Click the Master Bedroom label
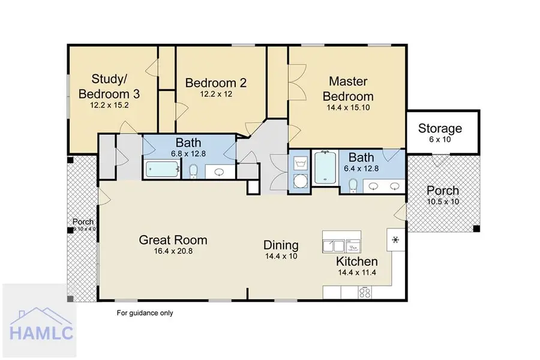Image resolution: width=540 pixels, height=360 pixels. (348, 88)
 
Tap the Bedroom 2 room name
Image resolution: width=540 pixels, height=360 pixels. (215, 83)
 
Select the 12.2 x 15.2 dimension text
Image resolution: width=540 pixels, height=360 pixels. (109, 104)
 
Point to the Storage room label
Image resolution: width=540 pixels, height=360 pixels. (440, 128)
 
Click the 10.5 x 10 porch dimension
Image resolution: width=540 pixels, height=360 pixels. (443, 202)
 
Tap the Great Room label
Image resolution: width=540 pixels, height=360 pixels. (173, 240)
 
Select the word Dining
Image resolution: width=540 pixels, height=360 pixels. (281, 245)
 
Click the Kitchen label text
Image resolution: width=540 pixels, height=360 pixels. (356, 262)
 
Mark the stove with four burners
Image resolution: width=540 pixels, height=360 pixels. (364, 292)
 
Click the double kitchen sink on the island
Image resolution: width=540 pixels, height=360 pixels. (333, 245)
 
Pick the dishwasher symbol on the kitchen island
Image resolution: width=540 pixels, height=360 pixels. (353, 244)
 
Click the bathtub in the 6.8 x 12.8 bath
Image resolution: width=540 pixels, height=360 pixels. (161, 170)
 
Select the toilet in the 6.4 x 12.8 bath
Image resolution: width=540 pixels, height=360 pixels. (353, 184)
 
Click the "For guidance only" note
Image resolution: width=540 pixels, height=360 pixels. (145, 313)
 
